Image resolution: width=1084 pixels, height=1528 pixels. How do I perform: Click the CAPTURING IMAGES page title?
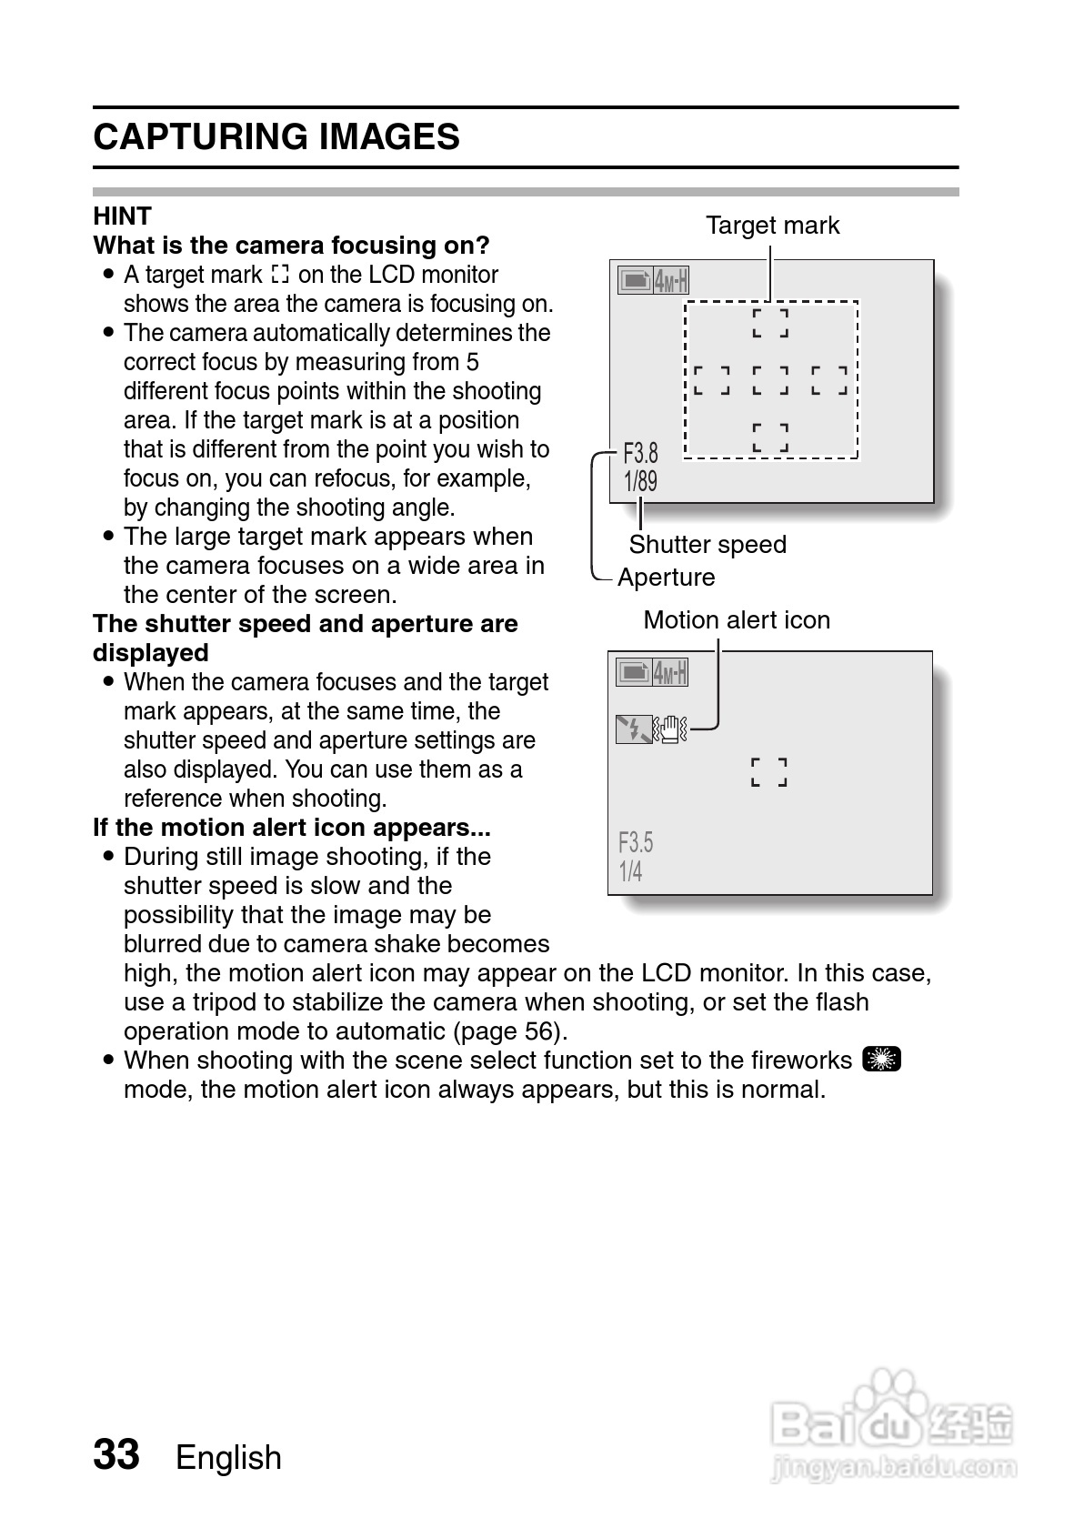(276, 137)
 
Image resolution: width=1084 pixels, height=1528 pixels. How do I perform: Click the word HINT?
(122, 216)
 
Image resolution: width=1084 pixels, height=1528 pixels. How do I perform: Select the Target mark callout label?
(772, 226)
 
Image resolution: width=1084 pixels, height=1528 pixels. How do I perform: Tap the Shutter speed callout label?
(708, 545)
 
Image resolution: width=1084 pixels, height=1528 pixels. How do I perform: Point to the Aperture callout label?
(666, 578)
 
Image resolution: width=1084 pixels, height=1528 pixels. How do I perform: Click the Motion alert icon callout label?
(737, 620)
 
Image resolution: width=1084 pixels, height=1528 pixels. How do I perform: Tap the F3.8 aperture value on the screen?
(640, 452)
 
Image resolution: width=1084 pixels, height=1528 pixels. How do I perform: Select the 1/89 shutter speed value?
(640, 481)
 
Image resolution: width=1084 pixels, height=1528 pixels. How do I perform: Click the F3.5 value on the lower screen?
(636, 842)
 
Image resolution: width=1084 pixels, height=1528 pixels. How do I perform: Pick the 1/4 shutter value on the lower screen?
(630, 871)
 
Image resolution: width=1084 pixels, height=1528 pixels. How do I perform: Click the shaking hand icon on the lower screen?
(672, 729)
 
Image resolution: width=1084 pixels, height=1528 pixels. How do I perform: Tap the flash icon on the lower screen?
(633, 729)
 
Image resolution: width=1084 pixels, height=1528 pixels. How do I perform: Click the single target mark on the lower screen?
(769, 772)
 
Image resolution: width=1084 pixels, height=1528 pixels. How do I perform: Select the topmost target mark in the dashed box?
(770, 323)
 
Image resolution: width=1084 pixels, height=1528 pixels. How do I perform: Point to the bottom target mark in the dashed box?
(770, 437)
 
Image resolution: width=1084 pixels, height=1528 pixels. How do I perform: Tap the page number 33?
(116, 1454)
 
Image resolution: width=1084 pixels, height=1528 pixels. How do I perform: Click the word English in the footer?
(228, 1457)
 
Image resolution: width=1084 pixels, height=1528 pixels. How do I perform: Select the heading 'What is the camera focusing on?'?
(291, 246)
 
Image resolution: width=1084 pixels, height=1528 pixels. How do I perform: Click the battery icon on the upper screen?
(635, 280)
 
